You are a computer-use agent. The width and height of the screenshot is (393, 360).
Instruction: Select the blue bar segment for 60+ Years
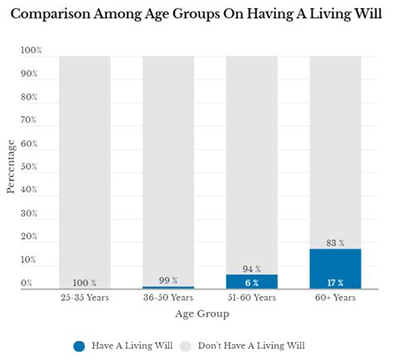pos(335,268)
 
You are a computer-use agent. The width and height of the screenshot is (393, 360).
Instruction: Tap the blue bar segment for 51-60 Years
pos(252,281)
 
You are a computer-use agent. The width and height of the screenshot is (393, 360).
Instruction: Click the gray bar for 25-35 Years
pos(85,166)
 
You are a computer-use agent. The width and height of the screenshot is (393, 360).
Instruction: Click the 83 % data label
pos(335,242)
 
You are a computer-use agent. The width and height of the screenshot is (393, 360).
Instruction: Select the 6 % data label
pos(252,281)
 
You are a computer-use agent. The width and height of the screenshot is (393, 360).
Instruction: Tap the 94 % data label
pos(252,268)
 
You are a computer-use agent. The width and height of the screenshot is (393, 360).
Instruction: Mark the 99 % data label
pos(168,280)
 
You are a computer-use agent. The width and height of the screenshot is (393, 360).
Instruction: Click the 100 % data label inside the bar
pos(85,282)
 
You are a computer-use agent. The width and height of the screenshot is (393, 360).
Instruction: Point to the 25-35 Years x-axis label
pos(85,296)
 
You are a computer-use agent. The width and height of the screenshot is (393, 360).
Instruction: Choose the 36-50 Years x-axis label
pos(168,296)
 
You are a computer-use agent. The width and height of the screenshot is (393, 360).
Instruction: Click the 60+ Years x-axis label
pos(335,296)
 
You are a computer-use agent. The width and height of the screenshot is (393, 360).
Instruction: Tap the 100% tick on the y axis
pos(30,51)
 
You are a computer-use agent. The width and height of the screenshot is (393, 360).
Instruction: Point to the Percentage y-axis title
pos(11,167)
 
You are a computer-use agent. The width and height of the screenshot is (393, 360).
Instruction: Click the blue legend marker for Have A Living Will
pos(79,345)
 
